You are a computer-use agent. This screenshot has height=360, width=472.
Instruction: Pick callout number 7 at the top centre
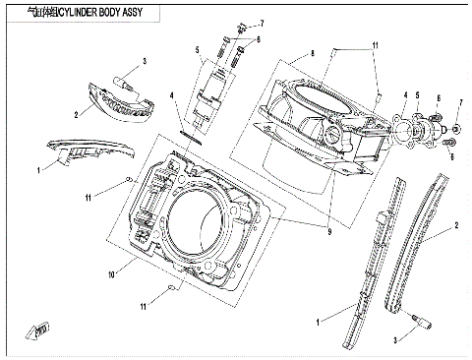tap(263, 22)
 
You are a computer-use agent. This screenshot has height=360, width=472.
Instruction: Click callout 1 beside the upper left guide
tap(39, 169)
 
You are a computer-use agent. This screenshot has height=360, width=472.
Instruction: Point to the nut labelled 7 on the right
tap(456, 129)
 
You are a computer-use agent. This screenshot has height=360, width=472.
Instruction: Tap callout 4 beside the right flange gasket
tap(404, 96)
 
